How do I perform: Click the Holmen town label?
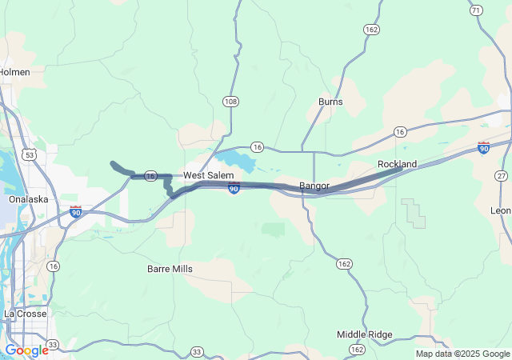[x=14, y=72]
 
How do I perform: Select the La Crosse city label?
[x=24, y=314]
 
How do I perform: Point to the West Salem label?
[x=208, y=175]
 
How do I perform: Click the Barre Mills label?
[x=170, y=270]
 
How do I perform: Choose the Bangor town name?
[x=314, y=186]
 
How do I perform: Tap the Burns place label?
[x=330, y=102]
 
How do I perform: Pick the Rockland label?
[x=397, y=164]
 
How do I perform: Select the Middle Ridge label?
[x=364, y=334]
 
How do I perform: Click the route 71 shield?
[x=477, y=10]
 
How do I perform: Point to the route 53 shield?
[x=29, y=154]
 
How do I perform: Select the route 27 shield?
[x=501, y=176]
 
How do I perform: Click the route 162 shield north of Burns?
[x=371, y=30]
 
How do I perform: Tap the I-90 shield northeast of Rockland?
[x=483, y=148]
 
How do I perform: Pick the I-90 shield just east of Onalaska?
[x=76, y=212]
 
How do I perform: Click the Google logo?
[x=26, y=350]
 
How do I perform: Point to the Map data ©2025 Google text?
[x=462, y=354]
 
